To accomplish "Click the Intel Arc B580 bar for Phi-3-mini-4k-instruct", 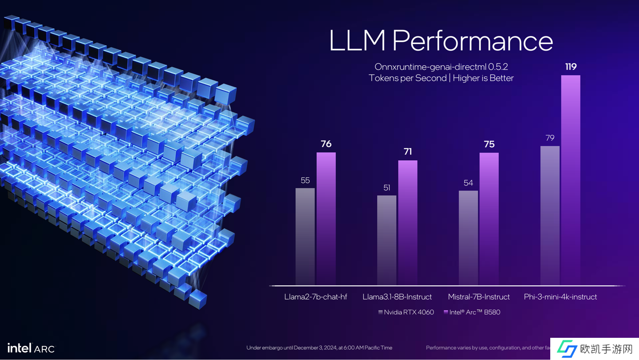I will (x=571, y=180).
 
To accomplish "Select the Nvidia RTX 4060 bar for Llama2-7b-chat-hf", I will (x=305, y=236).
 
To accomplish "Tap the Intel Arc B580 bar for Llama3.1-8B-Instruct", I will (x=407, y=222).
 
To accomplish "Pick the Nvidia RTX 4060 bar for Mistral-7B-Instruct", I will (x=468, y=237).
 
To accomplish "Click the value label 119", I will (x=571, y=67).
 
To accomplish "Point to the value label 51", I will (x=387, y=188).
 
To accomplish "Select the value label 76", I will (x=326, y=144).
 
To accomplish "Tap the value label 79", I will (x=550, y=138).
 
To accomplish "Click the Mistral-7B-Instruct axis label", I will (x=479, y=297).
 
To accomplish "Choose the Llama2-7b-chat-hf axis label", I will (x=316, y=297).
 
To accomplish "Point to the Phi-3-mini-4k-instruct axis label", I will (x=560, y=297).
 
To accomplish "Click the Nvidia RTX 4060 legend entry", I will (x=406, y=312).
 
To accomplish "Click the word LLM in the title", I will (x=357, y=41).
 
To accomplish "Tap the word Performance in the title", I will (x=473, y=41).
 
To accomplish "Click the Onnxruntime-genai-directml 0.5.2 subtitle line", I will (x=441, y=67).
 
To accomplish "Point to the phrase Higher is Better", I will (x=483, y=78).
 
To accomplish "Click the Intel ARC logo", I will (x=31, y=348).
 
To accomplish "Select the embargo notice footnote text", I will (x=319, y=348).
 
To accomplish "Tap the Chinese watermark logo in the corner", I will (x=595, y=349).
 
